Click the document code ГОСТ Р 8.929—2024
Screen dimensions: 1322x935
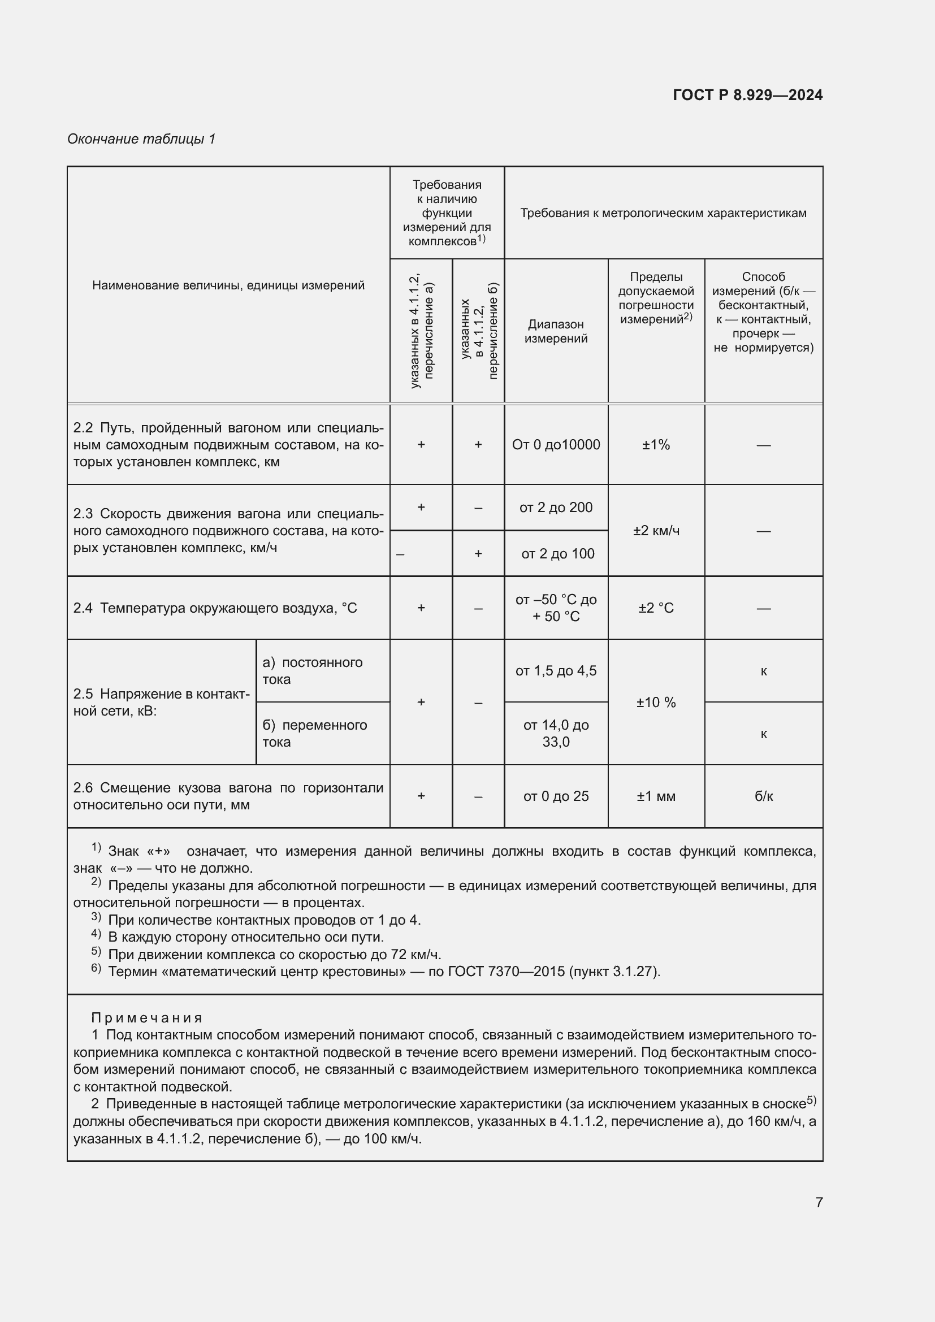point(747,95)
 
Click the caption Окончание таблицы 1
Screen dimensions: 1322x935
point(141,139)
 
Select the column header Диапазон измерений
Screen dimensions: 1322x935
point(556,331)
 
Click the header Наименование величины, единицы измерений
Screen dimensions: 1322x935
point(228,285)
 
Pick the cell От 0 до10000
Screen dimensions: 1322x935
point(556,444)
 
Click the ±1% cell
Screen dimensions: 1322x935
point(656,444)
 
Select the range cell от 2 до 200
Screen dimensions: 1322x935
point(556,507)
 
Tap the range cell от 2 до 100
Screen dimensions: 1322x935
point(557,553)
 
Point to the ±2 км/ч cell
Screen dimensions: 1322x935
point(656,530)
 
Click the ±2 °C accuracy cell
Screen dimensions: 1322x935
point(656,608)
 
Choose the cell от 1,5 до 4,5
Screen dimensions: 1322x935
point(556,671)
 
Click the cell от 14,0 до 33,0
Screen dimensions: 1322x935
point(556,733)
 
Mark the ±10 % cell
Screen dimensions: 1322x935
point(656,702)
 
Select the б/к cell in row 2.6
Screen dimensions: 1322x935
point(763,796)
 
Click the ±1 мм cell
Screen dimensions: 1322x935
point(656,796)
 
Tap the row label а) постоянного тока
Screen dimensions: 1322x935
point(313,671)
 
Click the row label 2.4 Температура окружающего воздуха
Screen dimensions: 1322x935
point(215,608)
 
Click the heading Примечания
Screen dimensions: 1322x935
point(147,1018)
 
